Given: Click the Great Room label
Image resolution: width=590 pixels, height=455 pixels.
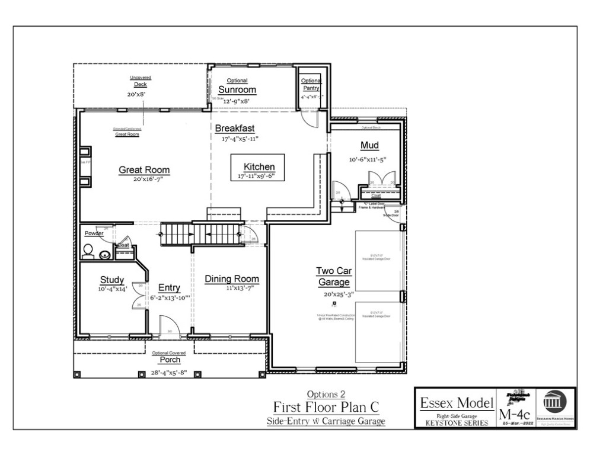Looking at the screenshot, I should coord(144,170).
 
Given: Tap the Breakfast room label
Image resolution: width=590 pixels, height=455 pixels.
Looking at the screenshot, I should coord(235,129).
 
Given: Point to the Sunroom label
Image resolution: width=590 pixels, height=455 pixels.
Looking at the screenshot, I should coord(237,90).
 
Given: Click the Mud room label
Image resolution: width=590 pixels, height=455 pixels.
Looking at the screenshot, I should coord(369,146).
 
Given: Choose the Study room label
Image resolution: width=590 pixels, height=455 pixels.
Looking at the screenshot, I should coord(111,280).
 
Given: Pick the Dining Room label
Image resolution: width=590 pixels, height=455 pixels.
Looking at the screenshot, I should coord(232,279).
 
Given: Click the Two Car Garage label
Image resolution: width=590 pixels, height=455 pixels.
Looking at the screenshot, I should coord(334,277).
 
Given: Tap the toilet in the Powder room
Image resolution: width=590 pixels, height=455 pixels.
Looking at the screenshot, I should coord(88,254).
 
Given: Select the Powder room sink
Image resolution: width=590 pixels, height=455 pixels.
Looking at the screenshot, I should coord(105,255).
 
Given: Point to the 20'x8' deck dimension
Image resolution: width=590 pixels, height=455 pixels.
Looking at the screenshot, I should coord(136,94).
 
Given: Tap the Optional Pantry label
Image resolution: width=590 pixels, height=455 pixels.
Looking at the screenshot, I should coord(310,85).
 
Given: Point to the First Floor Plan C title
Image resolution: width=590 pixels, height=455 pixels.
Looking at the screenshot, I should coord(326,407).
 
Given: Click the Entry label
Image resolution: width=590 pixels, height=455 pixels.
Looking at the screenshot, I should coord(169,288).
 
